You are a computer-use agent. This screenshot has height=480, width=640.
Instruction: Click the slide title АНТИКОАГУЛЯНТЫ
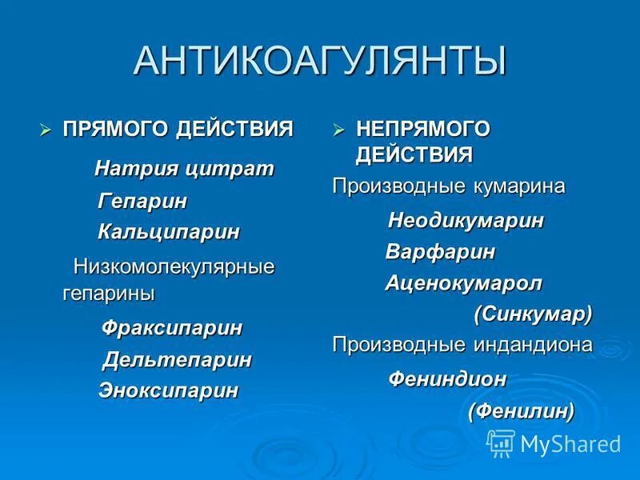319,61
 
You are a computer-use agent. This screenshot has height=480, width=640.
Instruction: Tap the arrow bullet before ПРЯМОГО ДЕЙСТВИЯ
46,128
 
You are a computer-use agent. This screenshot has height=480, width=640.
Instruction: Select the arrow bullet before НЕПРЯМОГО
338,128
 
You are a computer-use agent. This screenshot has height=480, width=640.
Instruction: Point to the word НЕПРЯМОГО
422,128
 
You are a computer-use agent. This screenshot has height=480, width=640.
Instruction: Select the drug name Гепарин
142,202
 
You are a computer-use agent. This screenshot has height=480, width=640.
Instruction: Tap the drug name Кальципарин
169,232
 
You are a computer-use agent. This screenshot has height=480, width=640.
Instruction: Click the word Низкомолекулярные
174,266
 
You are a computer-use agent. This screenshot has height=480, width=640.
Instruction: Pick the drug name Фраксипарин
172,328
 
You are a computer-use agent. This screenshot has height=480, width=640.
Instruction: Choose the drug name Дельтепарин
177,360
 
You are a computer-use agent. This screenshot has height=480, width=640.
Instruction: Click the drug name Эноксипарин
168,390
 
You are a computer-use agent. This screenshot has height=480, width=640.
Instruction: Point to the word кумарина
518,186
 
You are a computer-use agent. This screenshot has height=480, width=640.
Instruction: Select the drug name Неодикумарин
466,221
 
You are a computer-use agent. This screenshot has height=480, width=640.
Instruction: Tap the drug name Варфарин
440,252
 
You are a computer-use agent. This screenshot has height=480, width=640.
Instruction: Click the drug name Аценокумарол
464,282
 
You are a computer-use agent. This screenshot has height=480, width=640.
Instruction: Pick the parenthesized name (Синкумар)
533,314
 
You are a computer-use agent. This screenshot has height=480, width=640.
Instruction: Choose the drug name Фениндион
447,379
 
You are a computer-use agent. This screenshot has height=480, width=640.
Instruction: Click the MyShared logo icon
501,442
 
